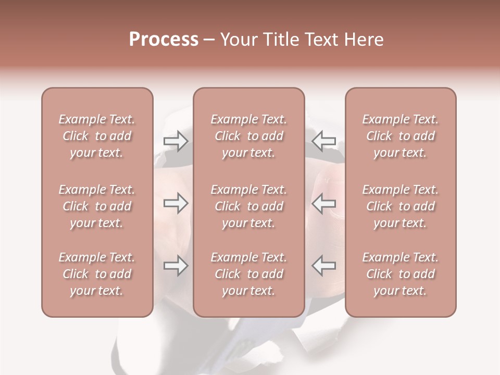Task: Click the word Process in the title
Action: coord(164,40)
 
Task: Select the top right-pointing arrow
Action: coord(176,141)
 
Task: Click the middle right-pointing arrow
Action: coord(176,204)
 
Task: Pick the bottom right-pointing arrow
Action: coord(176,266)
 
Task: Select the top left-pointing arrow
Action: coord(324,141)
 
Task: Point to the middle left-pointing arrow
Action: coord(324,204)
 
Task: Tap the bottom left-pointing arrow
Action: coord(324,266)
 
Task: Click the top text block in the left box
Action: coord(97,136)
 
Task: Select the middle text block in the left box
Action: coord(97,206)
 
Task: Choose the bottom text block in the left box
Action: coord(97,274)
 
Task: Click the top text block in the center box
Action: coord(249,136)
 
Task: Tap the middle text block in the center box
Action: coord(249,206)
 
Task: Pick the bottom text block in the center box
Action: coord(249,274)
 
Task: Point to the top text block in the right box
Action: coord(401,136)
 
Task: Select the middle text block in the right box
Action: coord(401,206)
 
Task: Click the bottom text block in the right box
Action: coord(401,274)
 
